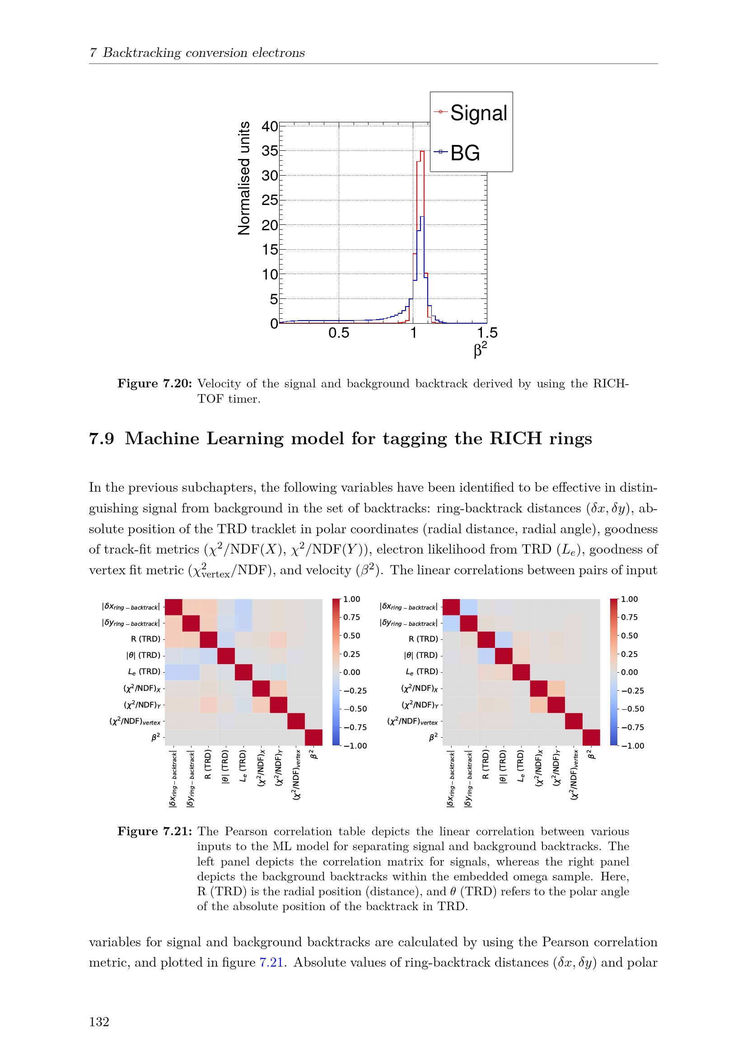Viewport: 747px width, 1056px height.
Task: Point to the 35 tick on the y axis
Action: [270, 151]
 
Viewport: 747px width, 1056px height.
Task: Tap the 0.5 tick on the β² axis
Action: [339, 333]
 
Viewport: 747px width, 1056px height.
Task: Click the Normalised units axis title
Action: [244, 178]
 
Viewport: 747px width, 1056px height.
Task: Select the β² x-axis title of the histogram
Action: [480, 349]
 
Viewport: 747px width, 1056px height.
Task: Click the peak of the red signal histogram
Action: [422, 151]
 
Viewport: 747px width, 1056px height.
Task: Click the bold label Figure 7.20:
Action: [154, 384]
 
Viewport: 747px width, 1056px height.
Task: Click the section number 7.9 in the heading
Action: [101, 438]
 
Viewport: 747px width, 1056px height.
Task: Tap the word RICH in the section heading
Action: [516, 438]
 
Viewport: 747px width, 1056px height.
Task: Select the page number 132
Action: [99, 1022]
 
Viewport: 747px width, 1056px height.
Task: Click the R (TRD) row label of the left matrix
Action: [145, 639]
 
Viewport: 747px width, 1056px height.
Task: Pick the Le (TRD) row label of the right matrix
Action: [422, 671]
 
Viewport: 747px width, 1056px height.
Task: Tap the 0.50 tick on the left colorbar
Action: [351, 636]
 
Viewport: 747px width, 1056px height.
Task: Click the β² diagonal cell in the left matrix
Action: [313, 737]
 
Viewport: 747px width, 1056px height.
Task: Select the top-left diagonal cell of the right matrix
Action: [451, 607]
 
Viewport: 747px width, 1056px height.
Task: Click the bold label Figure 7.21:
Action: [154, 832]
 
